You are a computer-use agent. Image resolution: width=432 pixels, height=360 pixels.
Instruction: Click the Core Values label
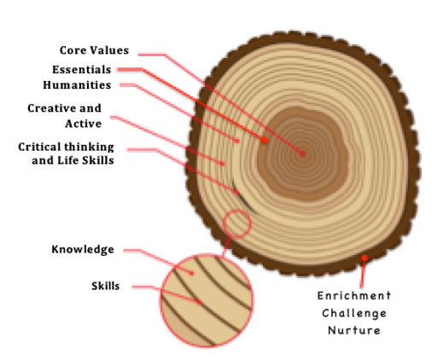click(94, 50)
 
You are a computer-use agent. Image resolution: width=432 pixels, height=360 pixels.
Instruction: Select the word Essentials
click(82, 70)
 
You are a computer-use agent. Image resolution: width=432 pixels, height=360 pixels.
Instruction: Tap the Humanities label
click(77, 85)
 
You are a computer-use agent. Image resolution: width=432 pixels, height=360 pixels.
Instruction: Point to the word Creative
click(48, 108)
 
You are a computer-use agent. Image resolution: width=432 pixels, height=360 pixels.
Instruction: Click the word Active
click(83, 124)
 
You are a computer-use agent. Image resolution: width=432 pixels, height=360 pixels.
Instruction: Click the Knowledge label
click(83, 249)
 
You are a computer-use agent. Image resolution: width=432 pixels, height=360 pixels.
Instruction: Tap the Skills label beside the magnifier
click(105, 286)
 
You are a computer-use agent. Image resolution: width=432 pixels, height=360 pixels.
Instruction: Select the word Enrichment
click(354, 296)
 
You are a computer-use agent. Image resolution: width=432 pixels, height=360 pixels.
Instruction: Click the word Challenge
click(354, 313)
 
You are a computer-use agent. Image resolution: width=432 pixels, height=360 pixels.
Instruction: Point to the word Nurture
click(354, 330)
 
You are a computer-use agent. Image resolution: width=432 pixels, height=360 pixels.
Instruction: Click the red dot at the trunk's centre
click(302, 154)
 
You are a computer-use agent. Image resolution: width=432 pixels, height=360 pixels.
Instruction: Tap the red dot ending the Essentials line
click(265, 140)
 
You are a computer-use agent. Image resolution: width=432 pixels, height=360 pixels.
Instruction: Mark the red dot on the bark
click(365, 258)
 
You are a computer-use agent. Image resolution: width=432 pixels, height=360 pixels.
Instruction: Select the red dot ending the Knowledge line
click(192, 273)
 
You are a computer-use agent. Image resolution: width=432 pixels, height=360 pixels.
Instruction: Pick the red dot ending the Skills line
click(199, 302)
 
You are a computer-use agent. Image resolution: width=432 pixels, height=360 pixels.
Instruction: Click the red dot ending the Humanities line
click(237, 141)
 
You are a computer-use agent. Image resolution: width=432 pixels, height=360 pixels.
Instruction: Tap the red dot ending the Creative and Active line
click(223, 164)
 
